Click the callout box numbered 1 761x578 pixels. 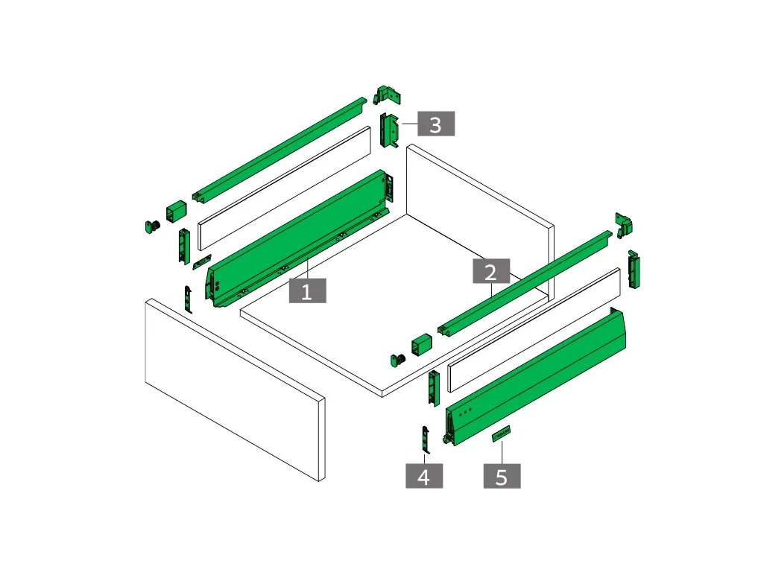click(x=307, y=290)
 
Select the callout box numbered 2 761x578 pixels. click(x=491, y=271)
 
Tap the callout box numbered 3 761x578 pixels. click(x=436, y=124)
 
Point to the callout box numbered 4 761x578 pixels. click(x=424, y=476)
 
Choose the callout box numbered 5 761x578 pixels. click(x=502, y=476)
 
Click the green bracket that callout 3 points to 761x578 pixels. click(x=389, y=130)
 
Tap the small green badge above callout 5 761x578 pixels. click(x=501, y=433)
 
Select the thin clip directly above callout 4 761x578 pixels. click(x=426, y=439)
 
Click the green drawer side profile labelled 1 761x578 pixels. click(x=297, y=238)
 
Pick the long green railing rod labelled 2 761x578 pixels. click(x=524, y=283)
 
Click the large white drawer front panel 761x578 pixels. click(x=235, y=390)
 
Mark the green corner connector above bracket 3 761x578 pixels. click(x=387, y=95)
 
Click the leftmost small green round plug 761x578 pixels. click(x=152, y=226)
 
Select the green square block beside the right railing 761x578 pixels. click(x=421, y=344)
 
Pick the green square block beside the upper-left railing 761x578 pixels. click(x=177, y=212)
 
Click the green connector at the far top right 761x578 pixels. click(x=624, y=225)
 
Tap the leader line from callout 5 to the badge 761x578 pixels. click(x=502, y=452)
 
